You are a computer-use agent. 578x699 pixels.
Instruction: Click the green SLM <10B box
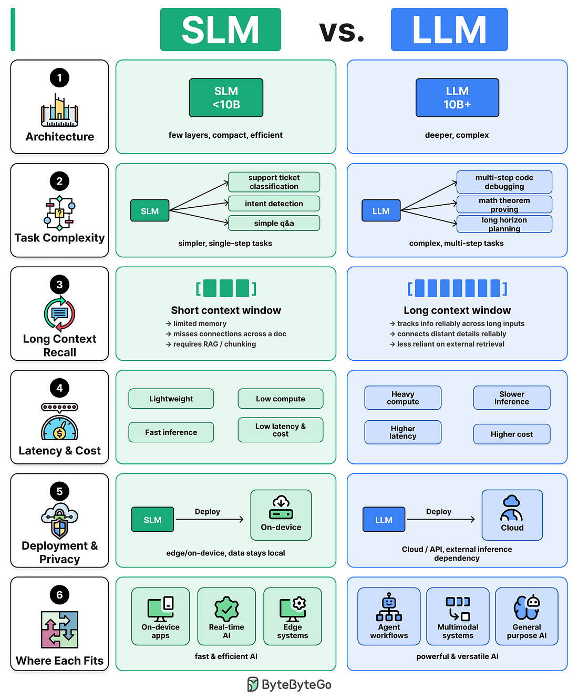[226, 97]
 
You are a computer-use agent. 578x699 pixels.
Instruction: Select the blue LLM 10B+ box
[457, 97]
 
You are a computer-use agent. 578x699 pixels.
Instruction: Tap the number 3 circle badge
[59, 284]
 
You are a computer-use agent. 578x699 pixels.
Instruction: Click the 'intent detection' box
[274, 203]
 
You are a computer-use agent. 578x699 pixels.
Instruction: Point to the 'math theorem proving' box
[504, 204]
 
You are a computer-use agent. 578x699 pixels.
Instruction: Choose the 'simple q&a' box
[274, 223]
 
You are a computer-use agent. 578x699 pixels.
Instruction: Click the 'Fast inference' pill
[171, 432]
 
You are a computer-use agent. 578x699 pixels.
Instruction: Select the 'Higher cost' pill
[511, 434]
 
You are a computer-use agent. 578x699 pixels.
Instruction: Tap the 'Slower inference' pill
[511, 398]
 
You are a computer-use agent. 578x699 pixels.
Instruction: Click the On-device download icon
[281, 507]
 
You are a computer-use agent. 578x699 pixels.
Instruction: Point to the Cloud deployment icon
[511, 508]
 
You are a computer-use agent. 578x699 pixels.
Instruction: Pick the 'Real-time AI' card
[226, 616]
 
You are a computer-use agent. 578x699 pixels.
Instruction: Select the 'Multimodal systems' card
[458, 616]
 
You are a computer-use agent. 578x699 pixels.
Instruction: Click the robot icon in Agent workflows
[389, 607]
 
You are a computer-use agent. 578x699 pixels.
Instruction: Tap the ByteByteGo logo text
[296, 685]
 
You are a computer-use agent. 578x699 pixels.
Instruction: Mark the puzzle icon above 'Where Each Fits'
[59, 630]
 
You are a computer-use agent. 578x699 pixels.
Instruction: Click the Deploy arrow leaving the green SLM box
[210, 519]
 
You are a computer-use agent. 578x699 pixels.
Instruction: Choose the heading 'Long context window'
[457, 310]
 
